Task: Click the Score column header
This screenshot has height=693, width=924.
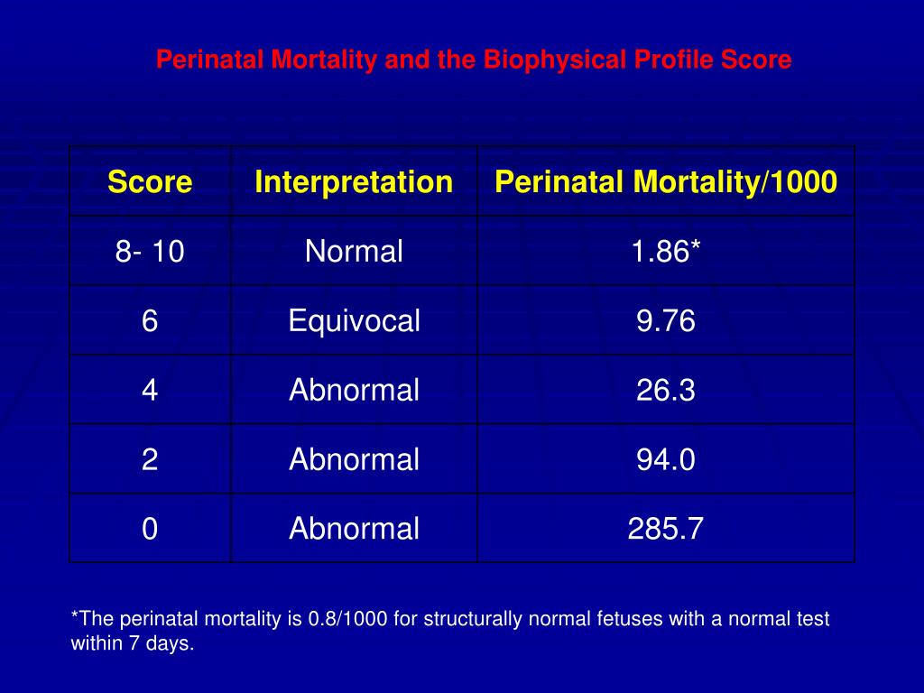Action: click(150, 182)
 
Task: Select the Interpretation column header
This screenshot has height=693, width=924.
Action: click(354, 182)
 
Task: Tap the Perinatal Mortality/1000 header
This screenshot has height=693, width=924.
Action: click(666, 182)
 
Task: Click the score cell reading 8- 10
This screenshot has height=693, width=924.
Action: click(150, 252)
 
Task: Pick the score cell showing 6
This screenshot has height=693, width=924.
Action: click(150, 321)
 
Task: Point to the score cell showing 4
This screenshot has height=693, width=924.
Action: click(150, 391)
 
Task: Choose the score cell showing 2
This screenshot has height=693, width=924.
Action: click(150, 460)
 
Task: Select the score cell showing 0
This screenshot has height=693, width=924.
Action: click(150, 529)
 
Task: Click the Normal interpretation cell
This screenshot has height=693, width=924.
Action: click(354, 252)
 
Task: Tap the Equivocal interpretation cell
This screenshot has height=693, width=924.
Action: click(354, 321)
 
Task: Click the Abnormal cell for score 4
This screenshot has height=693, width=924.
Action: click(354, 391)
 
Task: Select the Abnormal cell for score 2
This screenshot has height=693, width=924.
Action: click(354, 460)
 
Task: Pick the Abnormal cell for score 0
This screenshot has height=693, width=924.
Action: click(354, 529)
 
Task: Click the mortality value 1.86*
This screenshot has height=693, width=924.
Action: click(666, 252)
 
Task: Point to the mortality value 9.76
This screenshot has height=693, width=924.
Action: click(666, 321)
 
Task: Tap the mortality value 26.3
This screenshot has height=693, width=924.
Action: click(666, 391)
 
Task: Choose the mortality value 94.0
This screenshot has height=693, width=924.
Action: click(666, 460)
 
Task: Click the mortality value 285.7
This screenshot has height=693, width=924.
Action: click(666, 529)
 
